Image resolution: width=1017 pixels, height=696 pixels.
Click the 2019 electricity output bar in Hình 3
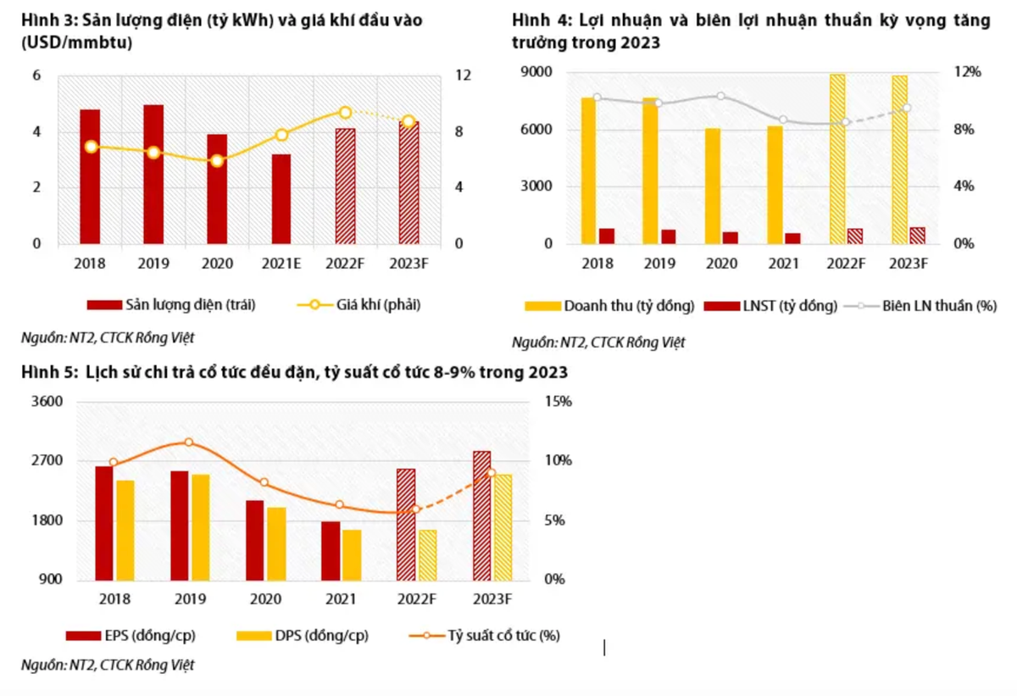[x=153, y=175]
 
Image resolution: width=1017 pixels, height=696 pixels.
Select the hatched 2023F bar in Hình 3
[x=408, y=183]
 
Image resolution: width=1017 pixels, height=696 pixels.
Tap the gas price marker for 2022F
[x=345, y=112]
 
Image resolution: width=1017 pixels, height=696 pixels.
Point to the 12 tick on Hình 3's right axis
[x=462, y=75]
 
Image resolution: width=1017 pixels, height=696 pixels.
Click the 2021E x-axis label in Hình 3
[x=281, y=264]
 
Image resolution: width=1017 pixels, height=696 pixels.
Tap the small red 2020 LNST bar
[x=730, y=237]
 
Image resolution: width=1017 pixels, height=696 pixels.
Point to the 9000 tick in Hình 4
[x=539, y=73]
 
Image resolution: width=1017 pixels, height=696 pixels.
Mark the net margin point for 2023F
[x=907, y=108]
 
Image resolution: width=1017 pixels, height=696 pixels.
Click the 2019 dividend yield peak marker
[x=188, y=442]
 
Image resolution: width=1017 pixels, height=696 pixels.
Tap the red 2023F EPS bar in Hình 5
[x=481, y=515]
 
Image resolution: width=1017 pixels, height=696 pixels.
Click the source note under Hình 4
[x=598, y=342]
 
